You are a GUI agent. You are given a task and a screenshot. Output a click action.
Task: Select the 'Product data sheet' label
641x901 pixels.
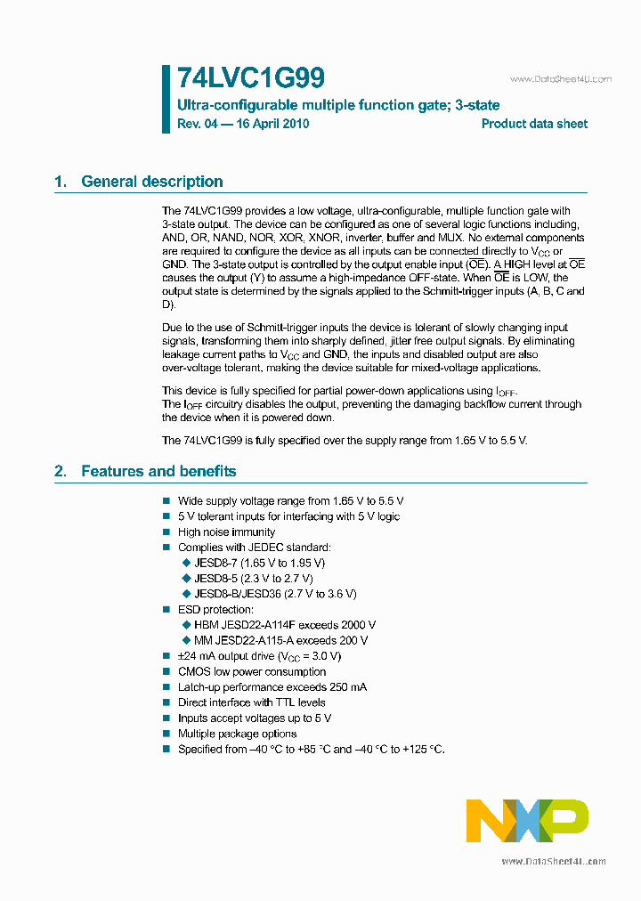(534, 124)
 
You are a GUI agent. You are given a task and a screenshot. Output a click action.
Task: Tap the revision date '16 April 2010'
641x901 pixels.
(271, 124)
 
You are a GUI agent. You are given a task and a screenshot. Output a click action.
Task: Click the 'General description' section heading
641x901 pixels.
(151, 182)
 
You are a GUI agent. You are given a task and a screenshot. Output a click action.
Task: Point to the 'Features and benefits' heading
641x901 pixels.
(158, 471)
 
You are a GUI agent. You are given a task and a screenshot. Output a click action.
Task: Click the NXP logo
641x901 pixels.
(527, 820)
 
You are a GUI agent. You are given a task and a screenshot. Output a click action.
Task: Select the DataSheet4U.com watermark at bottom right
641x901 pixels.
(554, 861)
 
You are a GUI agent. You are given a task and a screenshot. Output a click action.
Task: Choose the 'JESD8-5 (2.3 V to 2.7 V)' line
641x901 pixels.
(253, 578)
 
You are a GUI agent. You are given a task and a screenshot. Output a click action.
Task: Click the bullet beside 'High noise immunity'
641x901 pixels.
(166, 532)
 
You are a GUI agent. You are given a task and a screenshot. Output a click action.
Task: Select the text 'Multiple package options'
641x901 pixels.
(237, 734)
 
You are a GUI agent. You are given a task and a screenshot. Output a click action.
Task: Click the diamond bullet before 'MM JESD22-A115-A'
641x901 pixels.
(186, 640)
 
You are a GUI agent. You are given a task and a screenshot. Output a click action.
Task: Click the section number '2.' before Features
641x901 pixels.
(61, 471)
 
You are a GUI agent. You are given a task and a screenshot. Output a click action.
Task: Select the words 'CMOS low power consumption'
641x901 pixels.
(252, 671)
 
